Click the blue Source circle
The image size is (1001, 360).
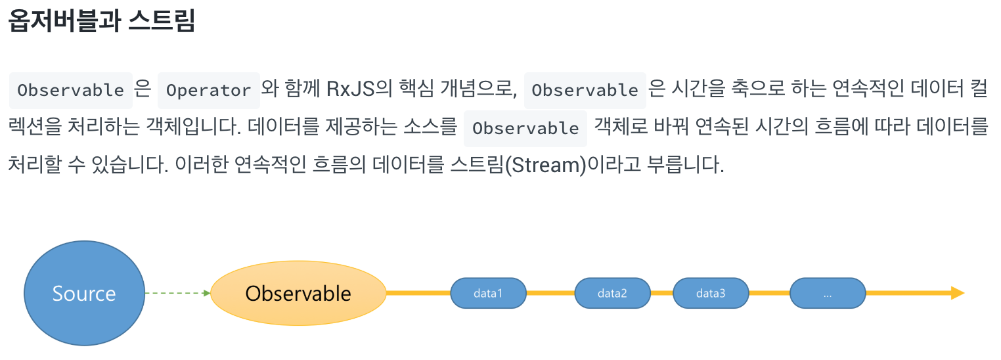coord(84,293)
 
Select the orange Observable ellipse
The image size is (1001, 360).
coord(298,293)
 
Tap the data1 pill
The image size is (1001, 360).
coord(488,293)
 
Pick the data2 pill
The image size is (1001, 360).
coord(612,293)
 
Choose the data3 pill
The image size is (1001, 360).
coord(711,293)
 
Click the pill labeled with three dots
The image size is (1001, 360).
coord(828,293)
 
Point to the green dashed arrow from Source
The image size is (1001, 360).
coord(176,293)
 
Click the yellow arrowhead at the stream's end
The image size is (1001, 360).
coord(957,293)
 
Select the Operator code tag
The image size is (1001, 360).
coord(209,90)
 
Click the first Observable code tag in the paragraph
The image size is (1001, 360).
coord(71,90)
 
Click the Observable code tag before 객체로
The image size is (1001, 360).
coord(525,128)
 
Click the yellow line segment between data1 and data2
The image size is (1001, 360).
coord(550,293)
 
